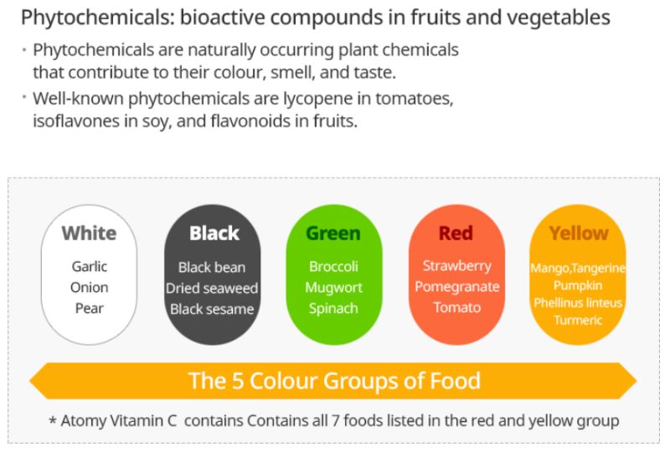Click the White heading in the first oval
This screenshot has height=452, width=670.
point(89,234)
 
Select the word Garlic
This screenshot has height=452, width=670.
point(90,266)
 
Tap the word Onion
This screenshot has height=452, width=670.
point(90,287)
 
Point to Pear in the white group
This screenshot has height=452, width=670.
point(90,308)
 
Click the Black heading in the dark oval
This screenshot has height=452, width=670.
point(214,234)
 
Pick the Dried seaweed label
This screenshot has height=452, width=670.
point(212,288)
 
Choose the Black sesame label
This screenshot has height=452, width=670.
point(212,309)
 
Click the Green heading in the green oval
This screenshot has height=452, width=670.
point(333,234)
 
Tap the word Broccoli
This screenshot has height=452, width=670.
point(333,266)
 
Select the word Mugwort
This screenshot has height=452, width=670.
point(333,287)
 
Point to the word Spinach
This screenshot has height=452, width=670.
point(333,309)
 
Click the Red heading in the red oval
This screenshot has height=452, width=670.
point(456,234)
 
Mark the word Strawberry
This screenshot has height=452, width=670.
point(456,265)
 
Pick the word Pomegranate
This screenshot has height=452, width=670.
point(456,286)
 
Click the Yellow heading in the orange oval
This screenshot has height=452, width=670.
point(579,234)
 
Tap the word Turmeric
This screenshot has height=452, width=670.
point(578,320)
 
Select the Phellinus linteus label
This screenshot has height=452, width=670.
point(578,303)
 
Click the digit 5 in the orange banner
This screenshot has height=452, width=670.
point(237,381)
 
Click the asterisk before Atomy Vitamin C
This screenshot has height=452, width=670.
point(53,420)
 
